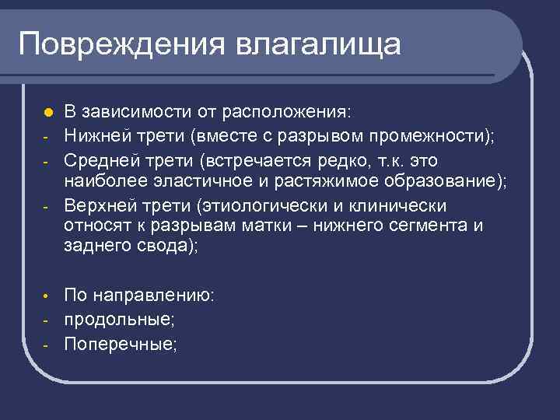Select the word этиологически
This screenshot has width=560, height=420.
[x=261, y=205]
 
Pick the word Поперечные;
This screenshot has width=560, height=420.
[x=121, y=342]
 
